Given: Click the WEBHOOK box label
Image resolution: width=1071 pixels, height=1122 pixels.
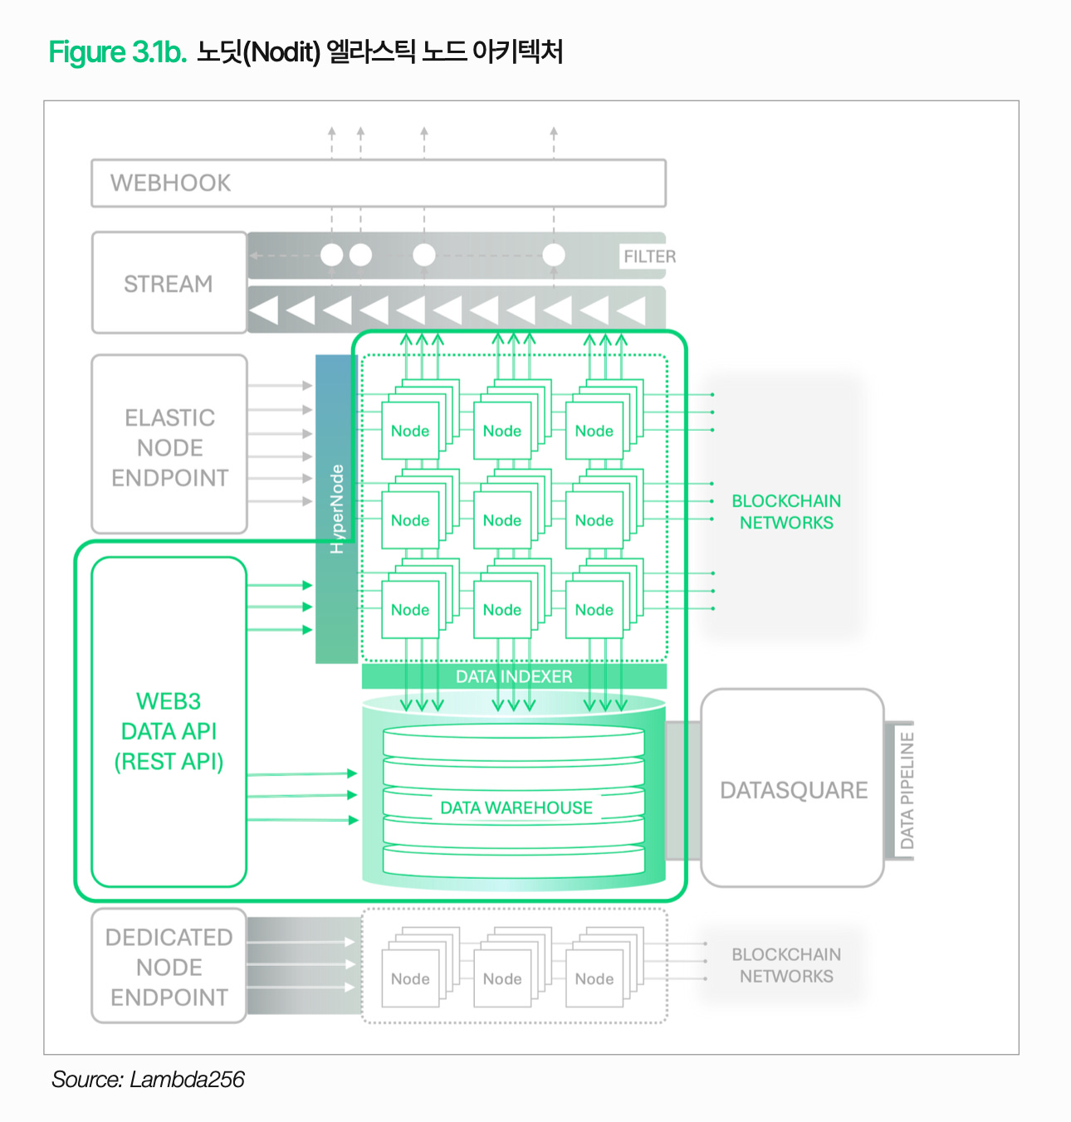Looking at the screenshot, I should tap(171, 183).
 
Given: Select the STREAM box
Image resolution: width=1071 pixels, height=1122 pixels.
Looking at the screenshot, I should tap(169, 284).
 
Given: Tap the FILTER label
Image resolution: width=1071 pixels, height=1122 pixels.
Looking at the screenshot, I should tap(649, 256).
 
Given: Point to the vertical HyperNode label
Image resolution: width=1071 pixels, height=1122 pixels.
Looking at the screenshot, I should tap(336, 509).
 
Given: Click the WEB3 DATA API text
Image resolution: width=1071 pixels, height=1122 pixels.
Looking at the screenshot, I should tap(169, 731).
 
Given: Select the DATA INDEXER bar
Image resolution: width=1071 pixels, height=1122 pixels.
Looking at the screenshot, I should tap(514, 676).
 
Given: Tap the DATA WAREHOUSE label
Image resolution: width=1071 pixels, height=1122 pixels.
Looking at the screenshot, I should tap(516, 807).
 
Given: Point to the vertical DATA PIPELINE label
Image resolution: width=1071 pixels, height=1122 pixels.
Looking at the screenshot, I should tap(907, 790).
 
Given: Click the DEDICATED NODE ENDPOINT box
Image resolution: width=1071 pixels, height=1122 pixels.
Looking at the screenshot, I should tap(169, 967).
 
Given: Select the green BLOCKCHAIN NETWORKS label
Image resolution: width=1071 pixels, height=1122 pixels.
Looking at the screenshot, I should tap(786, 512).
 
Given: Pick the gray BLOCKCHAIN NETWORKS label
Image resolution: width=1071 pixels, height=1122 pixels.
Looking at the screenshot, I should tap(786, 965).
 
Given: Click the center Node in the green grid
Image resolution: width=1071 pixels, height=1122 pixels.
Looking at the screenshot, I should tap(502, 520).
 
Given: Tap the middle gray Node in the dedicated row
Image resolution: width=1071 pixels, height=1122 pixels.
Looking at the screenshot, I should tap(502, 979).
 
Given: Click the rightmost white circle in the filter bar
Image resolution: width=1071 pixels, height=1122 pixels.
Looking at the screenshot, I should tap(554, 255).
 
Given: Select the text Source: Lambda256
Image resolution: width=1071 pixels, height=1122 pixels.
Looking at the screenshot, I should tap(148, 1079).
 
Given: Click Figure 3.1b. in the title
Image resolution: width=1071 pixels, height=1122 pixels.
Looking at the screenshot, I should tap(118, 52).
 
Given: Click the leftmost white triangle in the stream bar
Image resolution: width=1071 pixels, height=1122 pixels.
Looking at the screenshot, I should tap(264, 310).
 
